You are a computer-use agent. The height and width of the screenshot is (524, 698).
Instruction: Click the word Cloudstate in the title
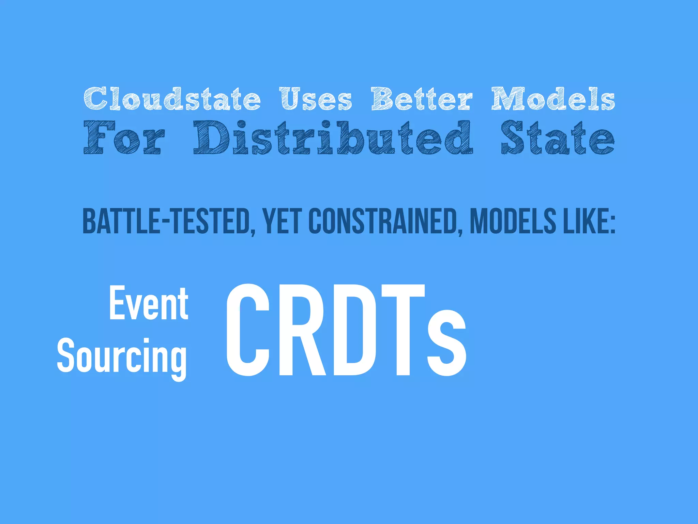(x=172, y=99)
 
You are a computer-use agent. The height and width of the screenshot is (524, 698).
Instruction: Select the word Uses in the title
(x=316, y=99)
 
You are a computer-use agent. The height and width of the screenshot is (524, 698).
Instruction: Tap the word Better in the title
(x=422, y=99)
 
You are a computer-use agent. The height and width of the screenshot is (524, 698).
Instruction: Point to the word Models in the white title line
(x=553, y=99)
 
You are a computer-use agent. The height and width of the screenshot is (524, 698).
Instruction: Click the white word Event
(x=149, y=304)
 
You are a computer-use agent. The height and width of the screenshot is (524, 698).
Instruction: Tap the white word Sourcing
(x=122, y=356)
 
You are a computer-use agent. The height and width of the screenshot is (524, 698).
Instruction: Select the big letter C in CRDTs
(x=248, y=330)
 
